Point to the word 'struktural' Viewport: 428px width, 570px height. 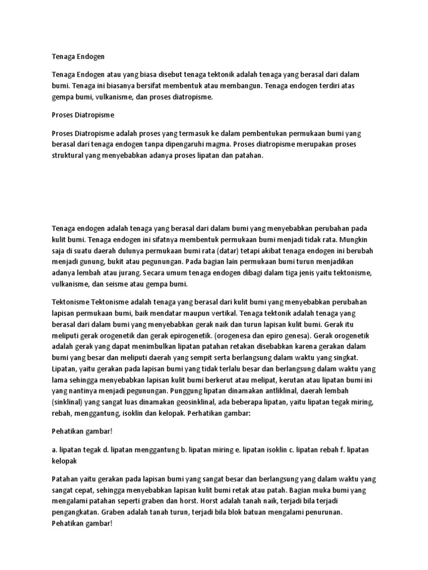(x=70, y=156)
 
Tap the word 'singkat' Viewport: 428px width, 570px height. (x=346, y=356)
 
